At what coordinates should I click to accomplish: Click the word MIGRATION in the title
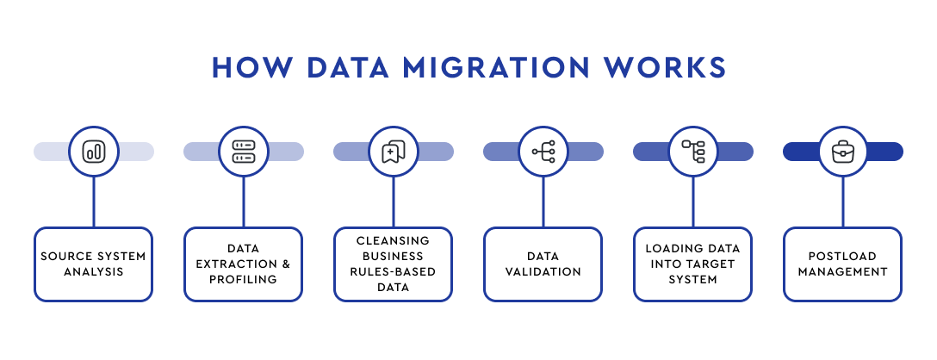[496, 67]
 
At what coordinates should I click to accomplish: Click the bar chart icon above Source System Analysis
[94, 152]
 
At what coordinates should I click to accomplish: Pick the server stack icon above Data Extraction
[243, 152]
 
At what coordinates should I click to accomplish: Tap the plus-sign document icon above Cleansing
[394, 152]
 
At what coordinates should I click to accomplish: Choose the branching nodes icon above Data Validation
[543, 152]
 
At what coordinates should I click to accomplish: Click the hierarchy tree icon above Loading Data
[694, 152]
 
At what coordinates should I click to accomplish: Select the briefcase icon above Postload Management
[843, 152]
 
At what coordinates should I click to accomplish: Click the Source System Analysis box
[93, 264]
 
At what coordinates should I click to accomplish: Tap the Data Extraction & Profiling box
[243, 264]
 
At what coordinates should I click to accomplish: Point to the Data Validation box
[543, 264]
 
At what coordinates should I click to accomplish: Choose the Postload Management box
[842, 264]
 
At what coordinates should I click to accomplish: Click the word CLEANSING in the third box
[394, 240]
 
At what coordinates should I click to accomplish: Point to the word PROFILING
[243, 279]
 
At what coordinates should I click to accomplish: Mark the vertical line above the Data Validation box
[543, 202]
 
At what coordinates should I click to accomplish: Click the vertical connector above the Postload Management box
[843, 202]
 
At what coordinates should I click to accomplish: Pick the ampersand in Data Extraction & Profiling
[286, 264]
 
